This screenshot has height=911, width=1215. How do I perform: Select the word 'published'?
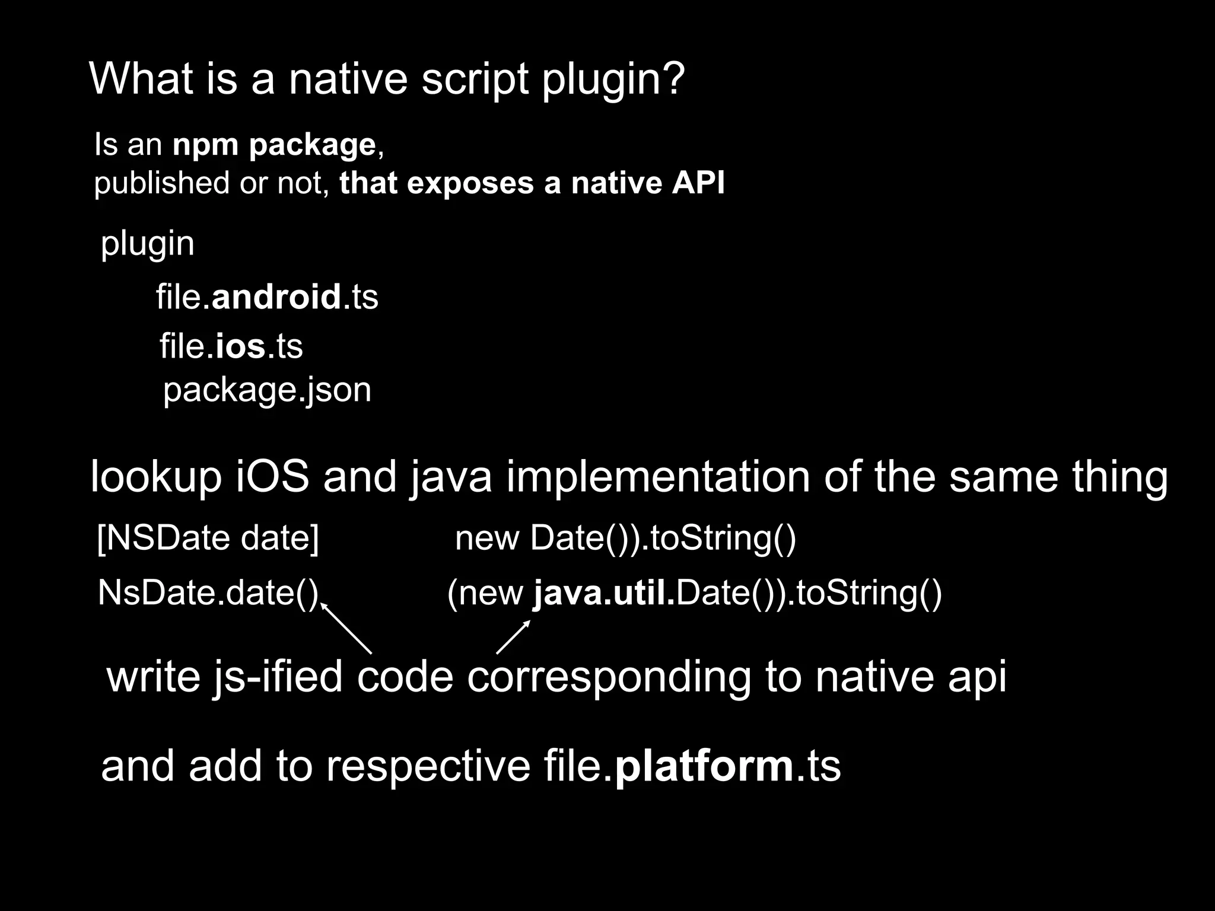pos(162,184)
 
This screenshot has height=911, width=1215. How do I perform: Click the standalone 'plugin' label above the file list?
pos(147,244)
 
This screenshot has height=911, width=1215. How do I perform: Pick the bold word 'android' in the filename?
pos(276,297)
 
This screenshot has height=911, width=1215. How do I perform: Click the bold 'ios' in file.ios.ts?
pos(240,346)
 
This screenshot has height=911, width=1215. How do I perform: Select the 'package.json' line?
pos(267,390)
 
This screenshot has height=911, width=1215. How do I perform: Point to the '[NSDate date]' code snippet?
pos(208,538)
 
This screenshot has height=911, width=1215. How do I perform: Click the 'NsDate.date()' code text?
pos(208,593)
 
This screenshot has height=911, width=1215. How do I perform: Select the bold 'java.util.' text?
pos(604,593)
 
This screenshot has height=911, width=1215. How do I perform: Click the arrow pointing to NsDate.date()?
pos(346,628)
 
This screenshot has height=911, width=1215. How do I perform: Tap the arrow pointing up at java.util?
pos(513,637)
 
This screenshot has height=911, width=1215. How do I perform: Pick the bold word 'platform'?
pos(704,766)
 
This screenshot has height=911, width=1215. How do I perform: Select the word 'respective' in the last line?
pos(428,767)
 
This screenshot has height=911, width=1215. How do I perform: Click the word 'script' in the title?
pos(475,79)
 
